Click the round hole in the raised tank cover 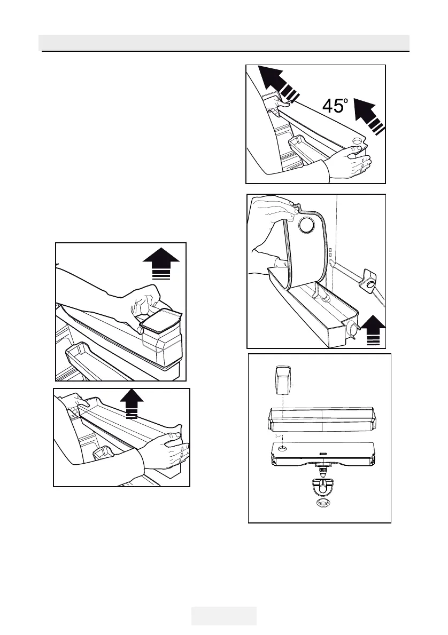click(307, 225)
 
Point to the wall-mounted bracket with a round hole click(369, 280)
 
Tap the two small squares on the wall click(331, 252)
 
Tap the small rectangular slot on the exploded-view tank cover click(322, 455)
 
